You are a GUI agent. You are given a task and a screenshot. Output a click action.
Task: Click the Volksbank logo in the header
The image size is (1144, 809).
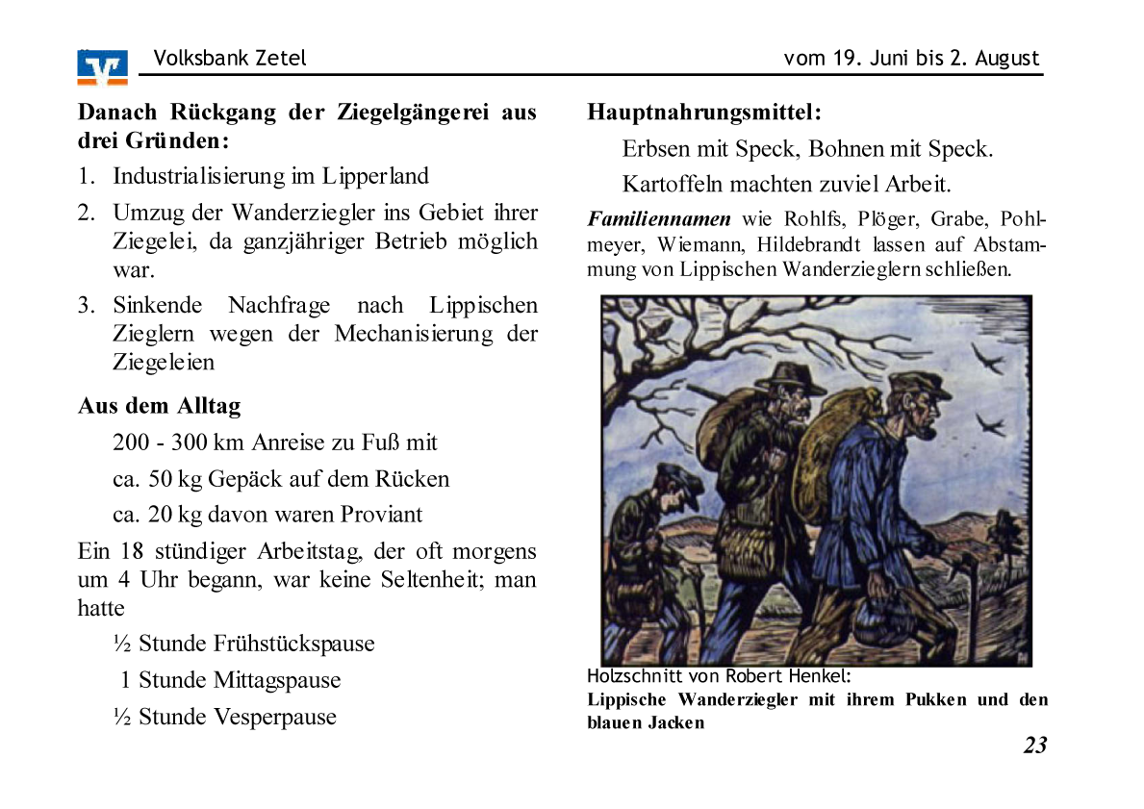tap(102, 66)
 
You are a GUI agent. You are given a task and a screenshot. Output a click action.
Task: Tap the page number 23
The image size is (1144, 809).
tap(1034, 746)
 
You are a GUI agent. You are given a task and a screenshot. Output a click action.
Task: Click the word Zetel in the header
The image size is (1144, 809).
tap(281, 58)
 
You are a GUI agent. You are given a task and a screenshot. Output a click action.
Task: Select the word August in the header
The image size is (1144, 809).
tap(1006, 58)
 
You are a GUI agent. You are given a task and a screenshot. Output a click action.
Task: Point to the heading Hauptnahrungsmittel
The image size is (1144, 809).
tap(704, 113)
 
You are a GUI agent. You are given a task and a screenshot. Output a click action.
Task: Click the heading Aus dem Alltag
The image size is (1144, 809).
tap(159, 405)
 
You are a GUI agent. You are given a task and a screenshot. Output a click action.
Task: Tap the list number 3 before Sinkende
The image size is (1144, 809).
tap(86, 306)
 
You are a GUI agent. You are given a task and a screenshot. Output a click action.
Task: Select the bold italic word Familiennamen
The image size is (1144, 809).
tap(659, 218)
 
